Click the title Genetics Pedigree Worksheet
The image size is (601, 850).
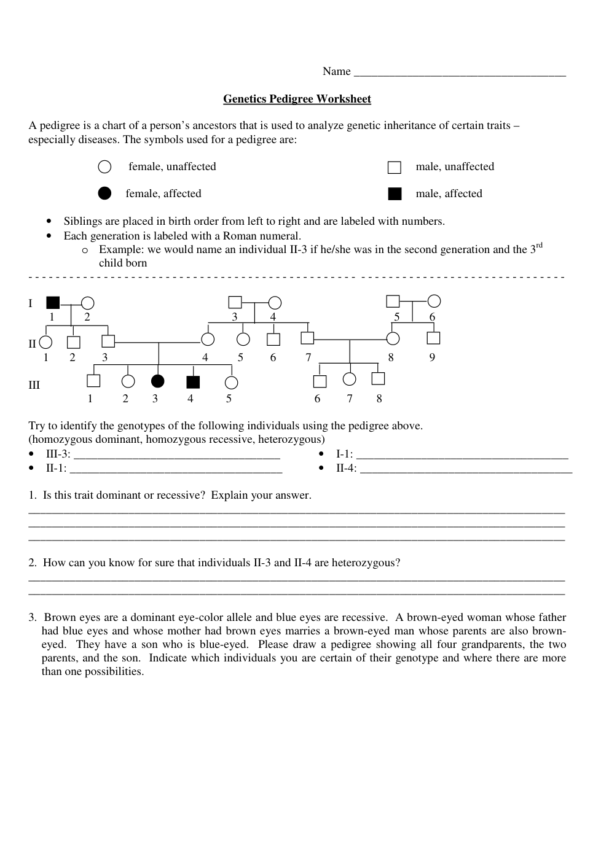coord(297,99)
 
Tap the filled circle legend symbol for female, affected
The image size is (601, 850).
coord(105,193)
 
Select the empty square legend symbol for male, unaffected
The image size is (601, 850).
coord(395,168)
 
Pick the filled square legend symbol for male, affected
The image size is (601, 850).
coord(395,194)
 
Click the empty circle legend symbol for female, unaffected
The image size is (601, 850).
coord(105,167)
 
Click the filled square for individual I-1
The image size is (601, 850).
coord(53,303)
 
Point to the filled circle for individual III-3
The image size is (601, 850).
coord(158,381)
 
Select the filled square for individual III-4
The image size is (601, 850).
coord(193,382)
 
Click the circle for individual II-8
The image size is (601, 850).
coord(393,338)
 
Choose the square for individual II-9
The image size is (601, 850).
coord(433,338)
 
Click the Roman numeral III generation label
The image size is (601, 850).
coord(34,385)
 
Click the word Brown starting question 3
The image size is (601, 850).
coord(59,617)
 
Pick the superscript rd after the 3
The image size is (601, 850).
coord(539,246)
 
